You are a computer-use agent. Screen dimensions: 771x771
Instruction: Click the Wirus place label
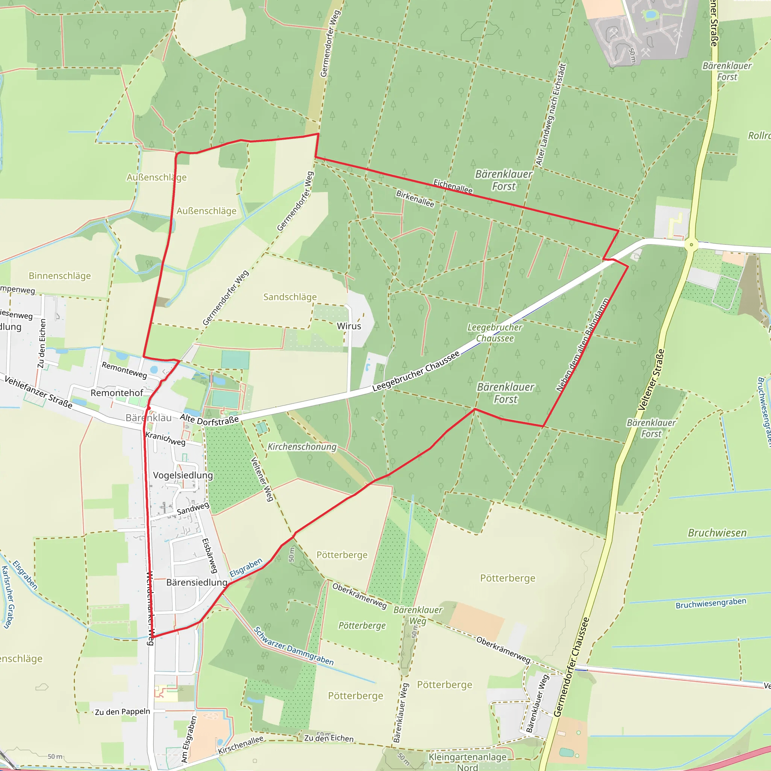[x=349, y=326]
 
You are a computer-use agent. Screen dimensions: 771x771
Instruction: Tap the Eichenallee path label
[x=453, y=186]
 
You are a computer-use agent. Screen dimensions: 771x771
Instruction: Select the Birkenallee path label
[x=415, y=198]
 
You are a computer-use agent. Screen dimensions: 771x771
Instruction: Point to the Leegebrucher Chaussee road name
[x=416, y=372]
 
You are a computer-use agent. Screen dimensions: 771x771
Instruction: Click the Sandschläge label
[x=290, y=297]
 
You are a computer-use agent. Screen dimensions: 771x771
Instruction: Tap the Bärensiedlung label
[x=197, y=582]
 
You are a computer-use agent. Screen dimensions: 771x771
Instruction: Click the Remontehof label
[x=117, y=393]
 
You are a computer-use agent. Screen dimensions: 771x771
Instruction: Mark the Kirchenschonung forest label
[x=302, y=447]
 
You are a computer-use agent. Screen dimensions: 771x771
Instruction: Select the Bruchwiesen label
[x=717, y=533]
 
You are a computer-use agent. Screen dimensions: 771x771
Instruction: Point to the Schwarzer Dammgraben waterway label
[x=293, y=646]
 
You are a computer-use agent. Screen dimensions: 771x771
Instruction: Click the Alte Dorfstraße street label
[x=209, y=420]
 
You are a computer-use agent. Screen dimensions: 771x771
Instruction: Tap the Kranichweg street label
[x=165, y=439]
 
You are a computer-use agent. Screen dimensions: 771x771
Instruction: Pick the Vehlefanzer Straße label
[x=38, y=393]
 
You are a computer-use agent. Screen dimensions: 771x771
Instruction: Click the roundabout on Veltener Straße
[x=691, y=245]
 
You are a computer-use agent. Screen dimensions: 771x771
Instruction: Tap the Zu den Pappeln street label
[x=122, y=712]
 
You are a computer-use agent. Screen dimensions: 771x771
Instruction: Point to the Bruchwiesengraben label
[x=711, y=603]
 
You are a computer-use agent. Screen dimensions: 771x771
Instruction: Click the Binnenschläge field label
[x=60, y=276]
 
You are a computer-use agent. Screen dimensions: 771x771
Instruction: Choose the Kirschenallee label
[x=241, y=745]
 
